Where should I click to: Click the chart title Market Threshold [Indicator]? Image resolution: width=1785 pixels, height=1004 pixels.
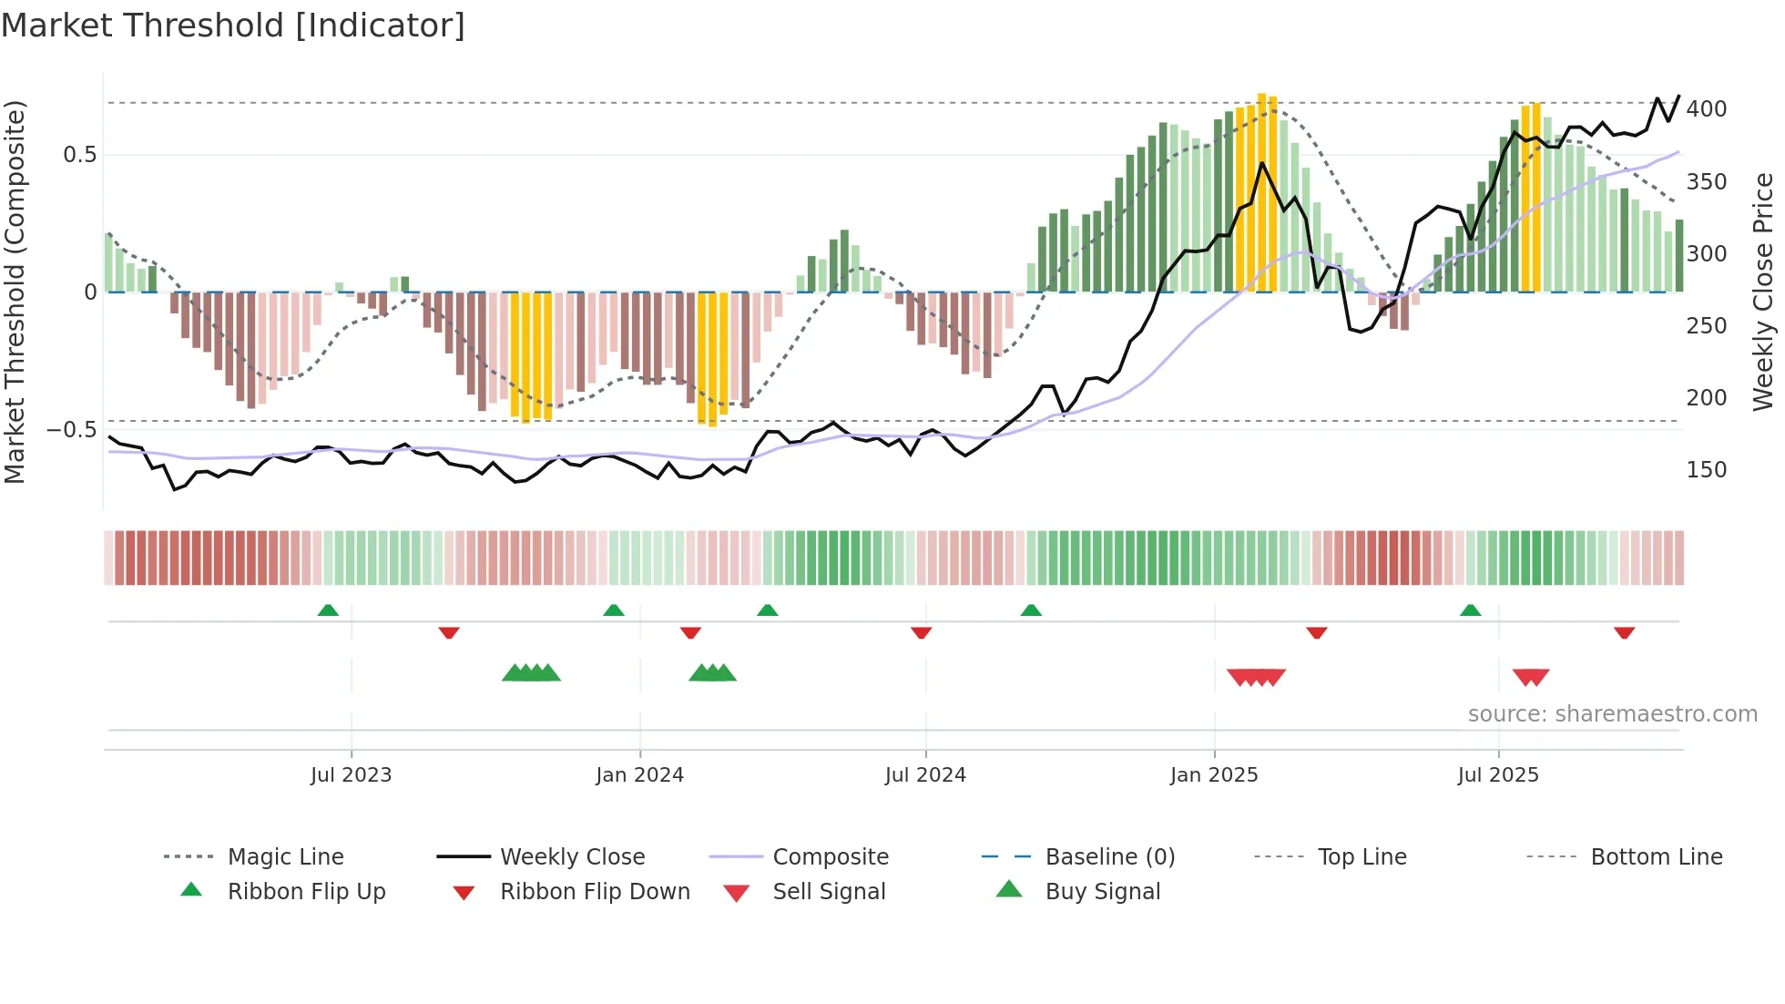click(x=233, y=26)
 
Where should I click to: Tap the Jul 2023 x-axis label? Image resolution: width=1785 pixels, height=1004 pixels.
click(x=351, y=775)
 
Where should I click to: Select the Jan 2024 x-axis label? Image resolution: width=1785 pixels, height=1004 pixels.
click(x=639, y=775)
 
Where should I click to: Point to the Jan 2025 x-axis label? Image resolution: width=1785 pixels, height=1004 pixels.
click(x=1214, y=775)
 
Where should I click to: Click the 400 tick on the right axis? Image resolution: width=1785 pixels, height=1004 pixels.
click(x=1706, y=109)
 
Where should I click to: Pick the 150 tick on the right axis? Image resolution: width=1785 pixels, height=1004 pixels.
click(x=1706, y=470)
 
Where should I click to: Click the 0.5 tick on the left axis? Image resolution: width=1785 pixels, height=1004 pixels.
click(x=79, y=155)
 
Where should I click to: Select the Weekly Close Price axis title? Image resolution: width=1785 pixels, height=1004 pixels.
click(x=1764, y=292)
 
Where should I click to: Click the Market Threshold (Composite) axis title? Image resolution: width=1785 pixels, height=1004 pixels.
click(x=15, y=292)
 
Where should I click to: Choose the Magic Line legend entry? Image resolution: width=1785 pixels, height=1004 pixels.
click(x=285, y=857)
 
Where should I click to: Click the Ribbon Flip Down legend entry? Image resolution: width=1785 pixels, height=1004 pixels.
click(x=594, y=892)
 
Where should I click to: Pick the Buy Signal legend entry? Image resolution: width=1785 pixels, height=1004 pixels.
click(x=1102, y=892)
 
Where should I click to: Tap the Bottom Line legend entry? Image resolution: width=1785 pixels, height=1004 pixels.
click(x=1656, y=857)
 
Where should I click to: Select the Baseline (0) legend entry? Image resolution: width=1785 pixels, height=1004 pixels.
click(x=1109, y=857)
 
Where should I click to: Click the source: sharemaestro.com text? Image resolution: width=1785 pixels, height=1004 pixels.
click(x=1612, y=714)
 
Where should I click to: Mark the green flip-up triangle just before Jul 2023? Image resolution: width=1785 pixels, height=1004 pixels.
click(x=328, y=610)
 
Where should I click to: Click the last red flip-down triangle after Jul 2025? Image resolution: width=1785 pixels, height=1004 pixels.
click(x=1624, y=632)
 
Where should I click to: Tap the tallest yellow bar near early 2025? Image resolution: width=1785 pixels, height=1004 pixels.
click(x=1261, y=191)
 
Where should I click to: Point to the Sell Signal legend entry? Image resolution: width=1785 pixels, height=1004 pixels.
click(x=828, y=892)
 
